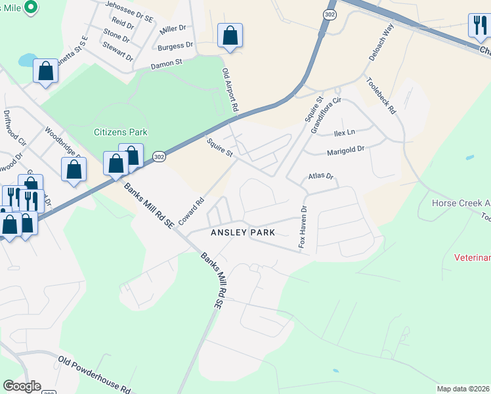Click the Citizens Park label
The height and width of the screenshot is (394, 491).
(120, 132)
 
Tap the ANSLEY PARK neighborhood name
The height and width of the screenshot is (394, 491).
(242, 232)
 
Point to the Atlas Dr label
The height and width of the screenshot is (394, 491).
(321, 177)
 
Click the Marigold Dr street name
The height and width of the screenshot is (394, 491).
(345, 150)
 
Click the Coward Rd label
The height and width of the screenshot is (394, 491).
(191, 210)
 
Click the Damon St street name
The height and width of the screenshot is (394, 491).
(166, 64)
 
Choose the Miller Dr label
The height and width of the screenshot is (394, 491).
(173, 29)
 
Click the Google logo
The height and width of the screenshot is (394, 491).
(22, 386)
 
